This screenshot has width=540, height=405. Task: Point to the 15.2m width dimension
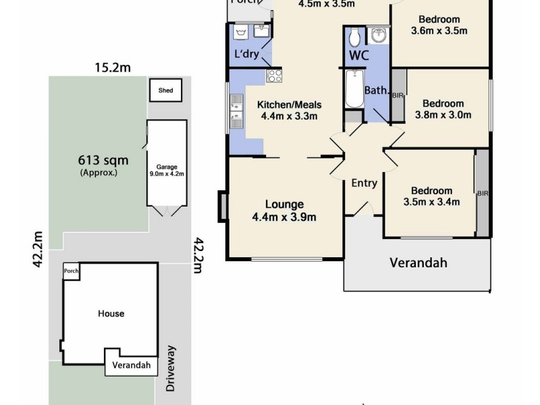coord(111,67)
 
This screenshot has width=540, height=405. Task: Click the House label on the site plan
coord(111,313)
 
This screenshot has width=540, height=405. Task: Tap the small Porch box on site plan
coord(71,271)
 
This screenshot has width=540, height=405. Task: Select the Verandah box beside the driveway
coord(132,367)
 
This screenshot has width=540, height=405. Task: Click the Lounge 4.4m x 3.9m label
coord(283,210)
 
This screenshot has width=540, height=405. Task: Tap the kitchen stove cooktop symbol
coord(273,76)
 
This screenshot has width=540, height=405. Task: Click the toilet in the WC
coord(356,37)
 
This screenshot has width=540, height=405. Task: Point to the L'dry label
coord(246,54)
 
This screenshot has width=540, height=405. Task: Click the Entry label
coord(364,183)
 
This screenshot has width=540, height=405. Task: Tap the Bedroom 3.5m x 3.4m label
coord(431,196)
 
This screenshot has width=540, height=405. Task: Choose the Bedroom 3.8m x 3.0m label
coord(443,109)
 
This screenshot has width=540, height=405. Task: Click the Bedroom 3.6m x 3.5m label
coord(439,25)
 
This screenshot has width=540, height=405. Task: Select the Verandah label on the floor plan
coord(418,263)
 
